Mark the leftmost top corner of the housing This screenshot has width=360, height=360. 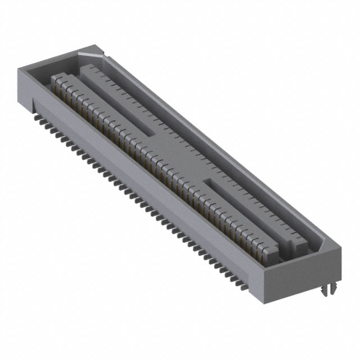[17, 67]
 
